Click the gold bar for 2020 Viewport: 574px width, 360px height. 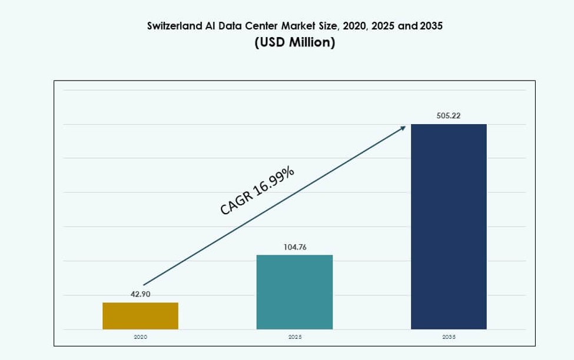[x=140, y=316]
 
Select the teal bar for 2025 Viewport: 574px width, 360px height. [x=294, y=292]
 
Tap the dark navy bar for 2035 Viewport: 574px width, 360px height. [x=449, y=226]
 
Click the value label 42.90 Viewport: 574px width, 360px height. [x=140, y=294]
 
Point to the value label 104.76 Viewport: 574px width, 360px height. [x=294, y=247]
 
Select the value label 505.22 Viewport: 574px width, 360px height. [x=449, y=116]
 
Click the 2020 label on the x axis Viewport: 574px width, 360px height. [x=140, y=337]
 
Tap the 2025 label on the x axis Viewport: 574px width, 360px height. [x=295, y=337]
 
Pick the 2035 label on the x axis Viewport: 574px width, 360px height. [x=449, y=337]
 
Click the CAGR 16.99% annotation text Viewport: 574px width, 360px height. [x=257, y=191]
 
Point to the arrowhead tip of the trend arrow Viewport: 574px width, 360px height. [x=406, y=126]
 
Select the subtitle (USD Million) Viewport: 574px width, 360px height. [x=295, y=44]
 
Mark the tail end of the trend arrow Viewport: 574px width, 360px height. [x=143, y=285]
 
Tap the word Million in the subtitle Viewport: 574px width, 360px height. [x=310, y=44]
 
